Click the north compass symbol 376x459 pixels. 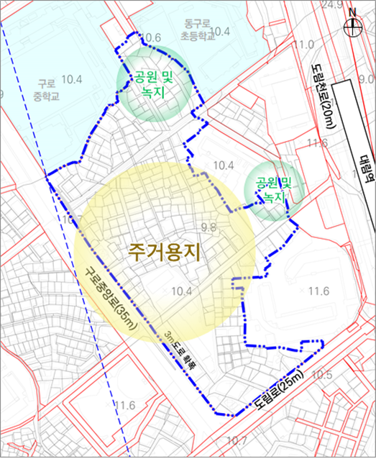[x=352, y=26]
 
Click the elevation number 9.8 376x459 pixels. [x=210, y=228]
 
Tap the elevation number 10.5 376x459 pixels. [x=321, y=375]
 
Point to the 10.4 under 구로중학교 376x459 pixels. [x=72, y=79]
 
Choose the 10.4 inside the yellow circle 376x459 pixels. [x=183, y=291]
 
